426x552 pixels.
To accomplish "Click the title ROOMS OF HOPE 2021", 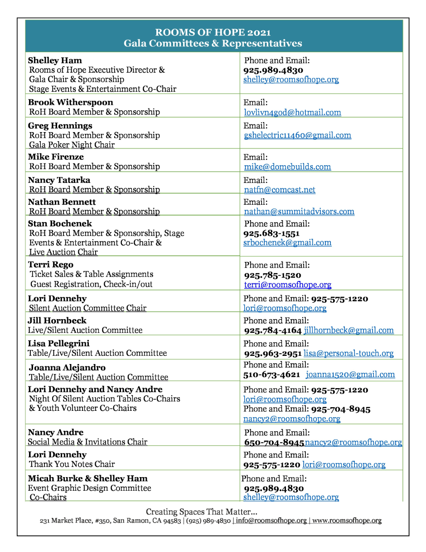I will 213,33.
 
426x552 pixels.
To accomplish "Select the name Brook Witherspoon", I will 71,102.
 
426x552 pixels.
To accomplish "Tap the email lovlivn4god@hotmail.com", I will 292,113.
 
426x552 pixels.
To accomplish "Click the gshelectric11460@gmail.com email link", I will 297,135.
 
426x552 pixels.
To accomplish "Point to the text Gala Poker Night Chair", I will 72,145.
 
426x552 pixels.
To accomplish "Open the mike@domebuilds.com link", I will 287,167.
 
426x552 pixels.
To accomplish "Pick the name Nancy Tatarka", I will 59,180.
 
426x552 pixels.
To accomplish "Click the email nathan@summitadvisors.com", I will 299,212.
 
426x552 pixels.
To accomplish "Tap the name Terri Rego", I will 51,265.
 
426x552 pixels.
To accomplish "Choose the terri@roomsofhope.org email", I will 288,285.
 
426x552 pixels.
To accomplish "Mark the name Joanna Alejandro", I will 67,367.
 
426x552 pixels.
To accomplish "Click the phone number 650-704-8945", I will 274,443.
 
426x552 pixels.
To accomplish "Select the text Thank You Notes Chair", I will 72,464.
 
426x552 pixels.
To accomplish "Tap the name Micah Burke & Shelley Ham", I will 88,478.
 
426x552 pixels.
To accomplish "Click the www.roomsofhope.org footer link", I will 347,521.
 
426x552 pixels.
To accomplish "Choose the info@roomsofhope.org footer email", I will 271,521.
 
